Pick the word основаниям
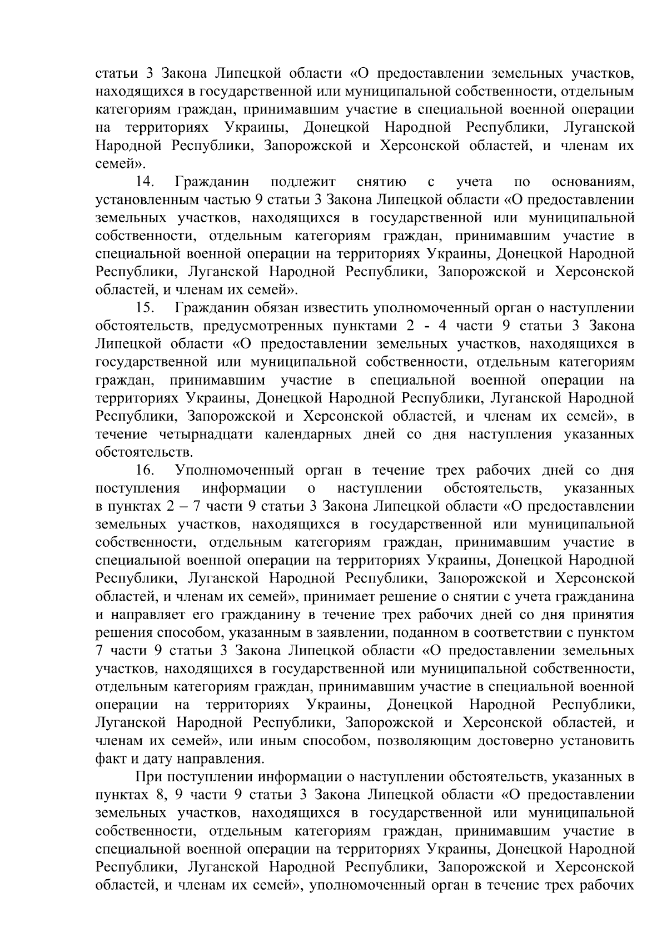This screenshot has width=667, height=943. pos(593,182)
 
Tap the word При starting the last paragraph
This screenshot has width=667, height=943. pos(147,777)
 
